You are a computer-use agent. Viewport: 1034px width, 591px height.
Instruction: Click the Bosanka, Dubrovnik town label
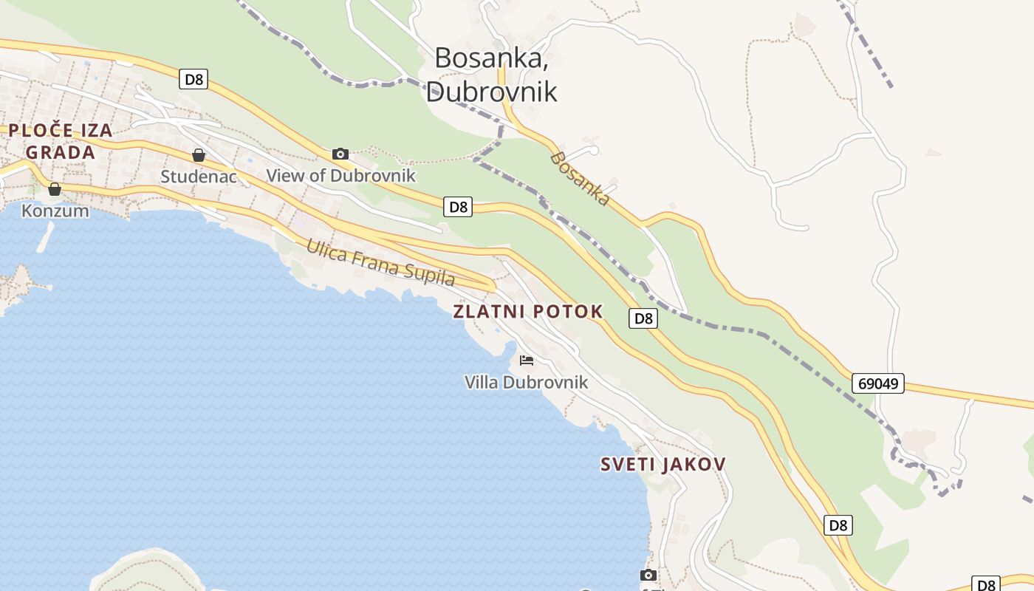(x=491, y=74)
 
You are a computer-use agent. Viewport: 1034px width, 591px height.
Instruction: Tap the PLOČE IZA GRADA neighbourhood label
(x=61, y=142)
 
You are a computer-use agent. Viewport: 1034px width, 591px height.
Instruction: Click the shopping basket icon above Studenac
(x=199, y=155)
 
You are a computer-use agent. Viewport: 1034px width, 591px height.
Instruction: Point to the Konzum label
(x=55, y=211)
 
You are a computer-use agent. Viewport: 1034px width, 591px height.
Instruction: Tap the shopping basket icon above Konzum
(x=55, y=189)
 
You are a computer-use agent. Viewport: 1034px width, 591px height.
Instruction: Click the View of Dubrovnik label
(x=340, y=176)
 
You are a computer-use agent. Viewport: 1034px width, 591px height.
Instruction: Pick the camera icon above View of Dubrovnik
(x=340, y=154)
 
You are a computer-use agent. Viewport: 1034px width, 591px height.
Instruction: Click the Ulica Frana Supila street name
(x=381, y=263)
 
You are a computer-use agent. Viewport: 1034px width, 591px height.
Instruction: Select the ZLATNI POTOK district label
(x=527, y=312)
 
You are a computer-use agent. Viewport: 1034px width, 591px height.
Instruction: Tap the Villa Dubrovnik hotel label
(x=526, y=382)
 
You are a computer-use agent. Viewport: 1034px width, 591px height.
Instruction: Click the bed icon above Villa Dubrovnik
(x=527, y=361)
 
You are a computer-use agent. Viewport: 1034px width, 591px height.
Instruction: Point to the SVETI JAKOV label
(x=662, y=464)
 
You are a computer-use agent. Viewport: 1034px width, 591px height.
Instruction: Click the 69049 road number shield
(x=877, y=383)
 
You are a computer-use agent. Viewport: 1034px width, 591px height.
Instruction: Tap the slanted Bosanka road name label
(x=581, y=179)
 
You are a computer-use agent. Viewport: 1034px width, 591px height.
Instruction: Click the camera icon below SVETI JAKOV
(x=648, y=575)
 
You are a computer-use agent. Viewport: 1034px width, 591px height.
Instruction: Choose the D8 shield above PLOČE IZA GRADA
(x=194, y=79)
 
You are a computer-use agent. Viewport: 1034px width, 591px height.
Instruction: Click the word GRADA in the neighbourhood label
(x=61, y=153)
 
